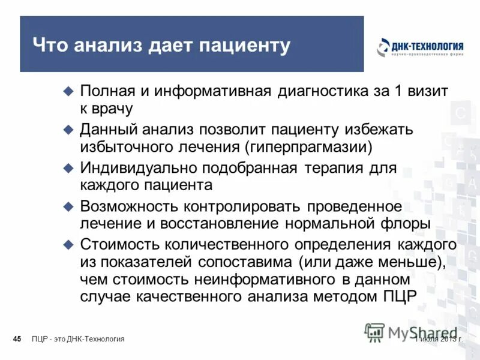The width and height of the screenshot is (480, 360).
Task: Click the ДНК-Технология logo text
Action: [x=428, y=45]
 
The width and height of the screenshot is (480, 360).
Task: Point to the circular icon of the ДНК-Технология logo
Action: [x=383, y=47]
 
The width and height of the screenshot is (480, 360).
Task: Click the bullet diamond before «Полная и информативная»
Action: [x=68, y=91]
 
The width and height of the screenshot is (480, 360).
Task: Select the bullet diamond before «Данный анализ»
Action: [x=68, y=129]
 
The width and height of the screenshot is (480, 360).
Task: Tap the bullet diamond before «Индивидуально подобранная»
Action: [x=68, y=167]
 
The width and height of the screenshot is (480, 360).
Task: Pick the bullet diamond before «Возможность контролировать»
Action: [x=68, y=206]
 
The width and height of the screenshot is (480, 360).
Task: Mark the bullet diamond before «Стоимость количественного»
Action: [x=68, y=244]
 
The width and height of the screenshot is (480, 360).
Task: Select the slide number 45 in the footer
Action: [x=17, y=340]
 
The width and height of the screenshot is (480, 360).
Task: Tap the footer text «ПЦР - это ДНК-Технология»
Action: [x=78, y=340]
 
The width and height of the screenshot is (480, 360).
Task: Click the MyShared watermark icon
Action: [x=375, y=332]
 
